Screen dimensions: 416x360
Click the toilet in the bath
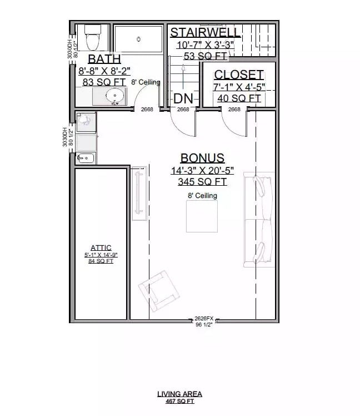point(92,38)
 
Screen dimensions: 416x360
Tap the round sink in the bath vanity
point(115,95)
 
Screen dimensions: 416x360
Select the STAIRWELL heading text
point(205,32)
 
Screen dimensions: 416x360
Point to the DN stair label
point(183,98)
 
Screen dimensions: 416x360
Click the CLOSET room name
point(239,75)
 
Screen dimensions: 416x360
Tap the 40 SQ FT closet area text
point(239,98)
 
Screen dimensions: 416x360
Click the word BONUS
point(202,158)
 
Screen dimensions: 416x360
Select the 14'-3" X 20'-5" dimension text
point(202,170)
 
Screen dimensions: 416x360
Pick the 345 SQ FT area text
point(202,181)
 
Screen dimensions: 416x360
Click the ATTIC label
point(101,248)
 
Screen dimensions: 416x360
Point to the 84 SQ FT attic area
point(101,260)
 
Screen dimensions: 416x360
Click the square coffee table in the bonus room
point(202,216)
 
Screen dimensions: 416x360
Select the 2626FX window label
point(204,319)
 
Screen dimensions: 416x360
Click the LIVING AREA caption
point(179,394)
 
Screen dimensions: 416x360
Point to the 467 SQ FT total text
point(179,400)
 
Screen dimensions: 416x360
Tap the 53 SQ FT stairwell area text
point(205,55)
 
